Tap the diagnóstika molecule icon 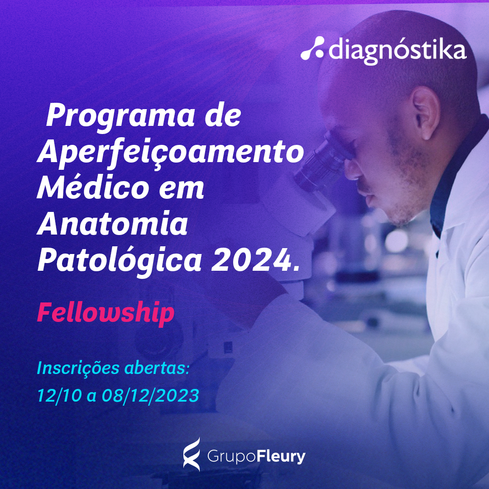coord(312,48)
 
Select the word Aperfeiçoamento coord(171,152)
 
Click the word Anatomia coord(113,223)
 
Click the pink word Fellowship coord(105,313)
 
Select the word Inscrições coord(78,369)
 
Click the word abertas coord(157,368)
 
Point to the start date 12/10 coord(60,395)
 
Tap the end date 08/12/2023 coord(150,395)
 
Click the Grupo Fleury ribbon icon coord(191,454)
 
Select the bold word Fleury coord(281,457)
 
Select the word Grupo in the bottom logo coord(231,457)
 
